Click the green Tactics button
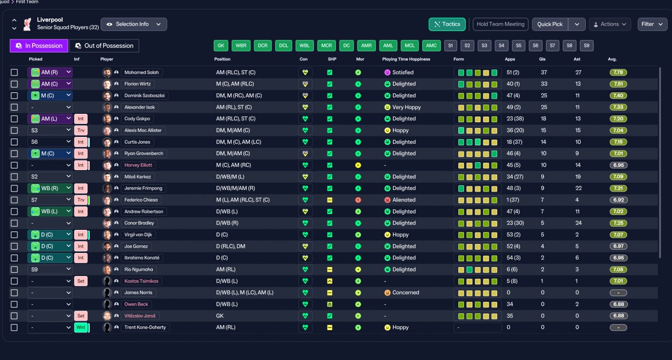click(447, 24)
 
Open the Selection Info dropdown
click(134, 24)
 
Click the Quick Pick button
click(550, 24)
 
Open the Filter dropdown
click(652, 24)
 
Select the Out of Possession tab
click(104, 46)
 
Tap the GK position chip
click(221, 46)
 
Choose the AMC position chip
click(432, 46)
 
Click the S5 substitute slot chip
click(518, 46)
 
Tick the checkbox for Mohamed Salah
click(14, 72)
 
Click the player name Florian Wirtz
click(138, 84)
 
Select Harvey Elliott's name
click(138, 165)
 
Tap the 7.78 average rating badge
click(618, 72)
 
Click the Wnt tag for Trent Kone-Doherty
click(81, 327)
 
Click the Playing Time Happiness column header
click(406, 59)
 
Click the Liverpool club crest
click(27, 24)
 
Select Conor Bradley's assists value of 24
click(579, 223)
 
